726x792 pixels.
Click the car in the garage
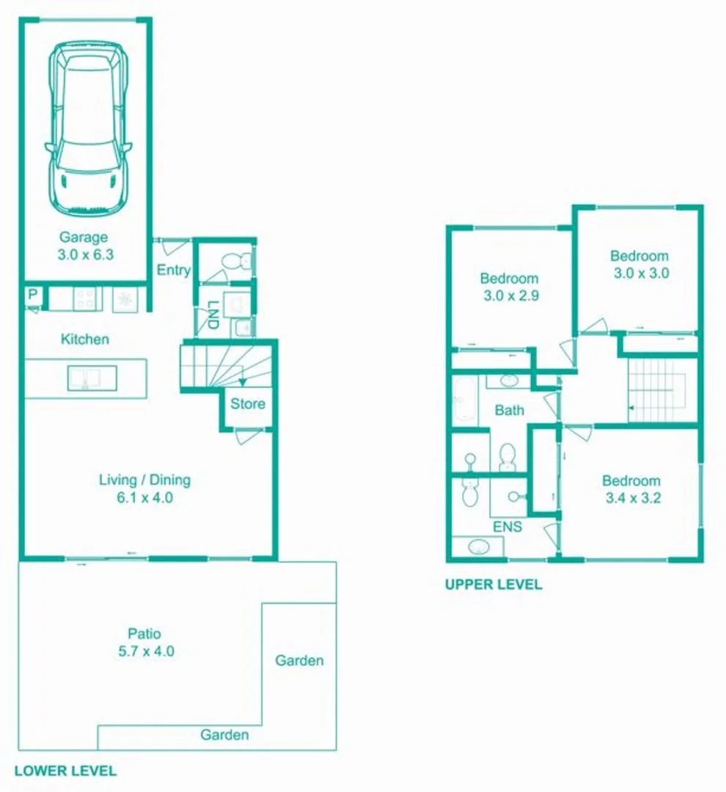pos(88,128)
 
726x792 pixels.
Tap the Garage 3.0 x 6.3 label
pos(84,246)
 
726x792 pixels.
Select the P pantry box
pos(33,294)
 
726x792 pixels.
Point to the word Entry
pos(173,271)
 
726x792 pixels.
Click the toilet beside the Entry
pos(236,260)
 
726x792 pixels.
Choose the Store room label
pos(248,403)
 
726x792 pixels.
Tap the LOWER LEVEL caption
pos(65,771)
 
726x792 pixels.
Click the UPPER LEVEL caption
pos(494,584)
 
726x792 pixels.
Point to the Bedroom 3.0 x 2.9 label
pos(509,287)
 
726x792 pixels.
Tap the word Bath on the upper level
pos(509,410)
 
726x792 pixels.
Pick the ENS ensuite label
pos(507,526)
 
